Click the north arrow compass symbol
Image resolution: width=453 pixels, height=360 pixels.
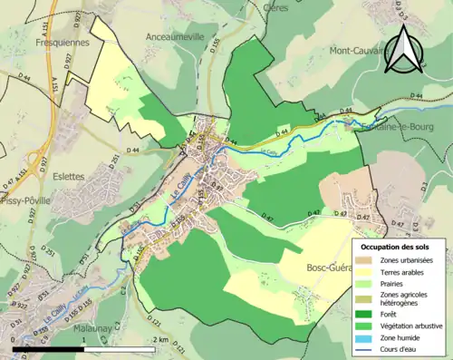click(403, 51)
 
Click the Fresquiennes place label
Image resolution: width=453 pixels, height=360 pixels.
click(61, 43)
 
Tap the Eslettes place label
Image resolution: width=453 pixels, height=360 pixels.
click(68, 176)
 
